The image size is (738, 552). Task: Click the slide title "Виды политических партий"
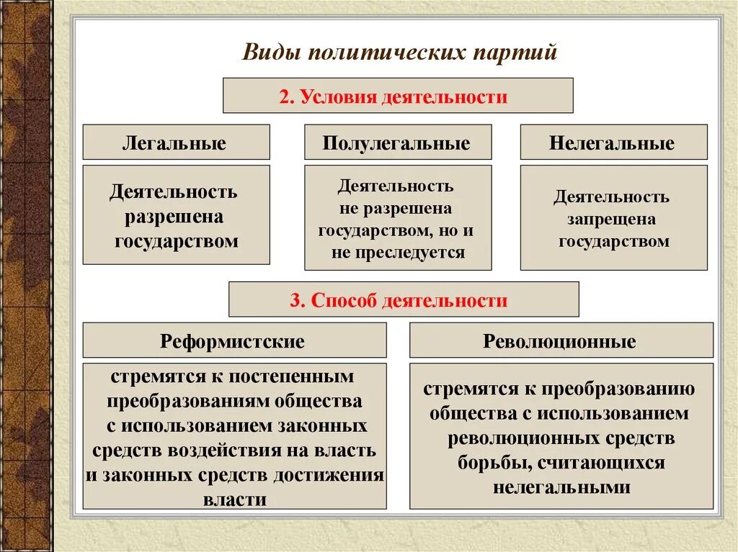pos(399,53)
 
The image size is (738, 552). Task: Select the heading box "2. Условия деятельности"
pos(398,96)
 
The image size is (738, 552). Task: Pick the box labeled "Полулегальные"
pos(397,142)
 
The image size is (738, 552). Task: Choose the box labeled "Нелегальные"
pos(613,142)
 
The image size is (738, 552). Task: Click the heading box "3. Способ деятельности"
pos(403,299)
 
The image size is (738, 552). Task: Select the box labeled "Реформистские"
pos(234,340)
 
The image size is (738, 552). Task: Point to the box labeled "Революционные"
pos(560,340)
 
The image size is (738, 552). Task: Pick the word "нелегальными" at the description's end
pos(562,487)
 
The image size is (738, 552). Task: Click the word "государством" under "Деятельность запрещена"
pos(614,241)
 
